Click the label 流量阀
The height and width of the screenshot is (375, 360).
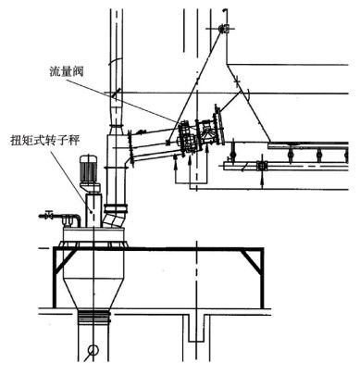67,72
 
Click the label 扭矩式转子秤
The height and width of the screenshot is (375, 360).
45,141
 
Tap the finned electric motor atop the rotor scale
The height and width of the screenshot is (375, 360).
88,169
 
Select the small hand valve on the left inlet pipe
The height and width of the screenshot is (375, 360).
48,215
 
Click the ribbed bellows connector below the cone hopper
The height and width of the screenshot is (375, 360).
93,317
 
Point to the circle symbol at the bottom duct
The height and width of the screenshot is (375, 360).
93,350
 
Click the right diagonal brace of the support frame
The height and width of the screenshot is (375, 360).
252,261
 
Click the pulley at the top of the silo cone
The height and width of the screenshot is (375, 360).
223,29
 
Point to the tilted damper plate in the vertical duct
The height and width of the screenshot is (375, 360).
117,94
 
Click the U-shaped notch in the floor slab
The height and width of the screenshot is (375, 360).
196,328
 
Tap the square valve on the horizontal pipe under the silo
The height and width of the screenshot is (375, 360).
261,166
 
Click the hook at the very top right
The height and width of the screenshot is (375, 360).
225,12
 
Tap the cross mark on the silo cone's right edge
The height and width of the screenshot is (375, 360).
237,81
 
